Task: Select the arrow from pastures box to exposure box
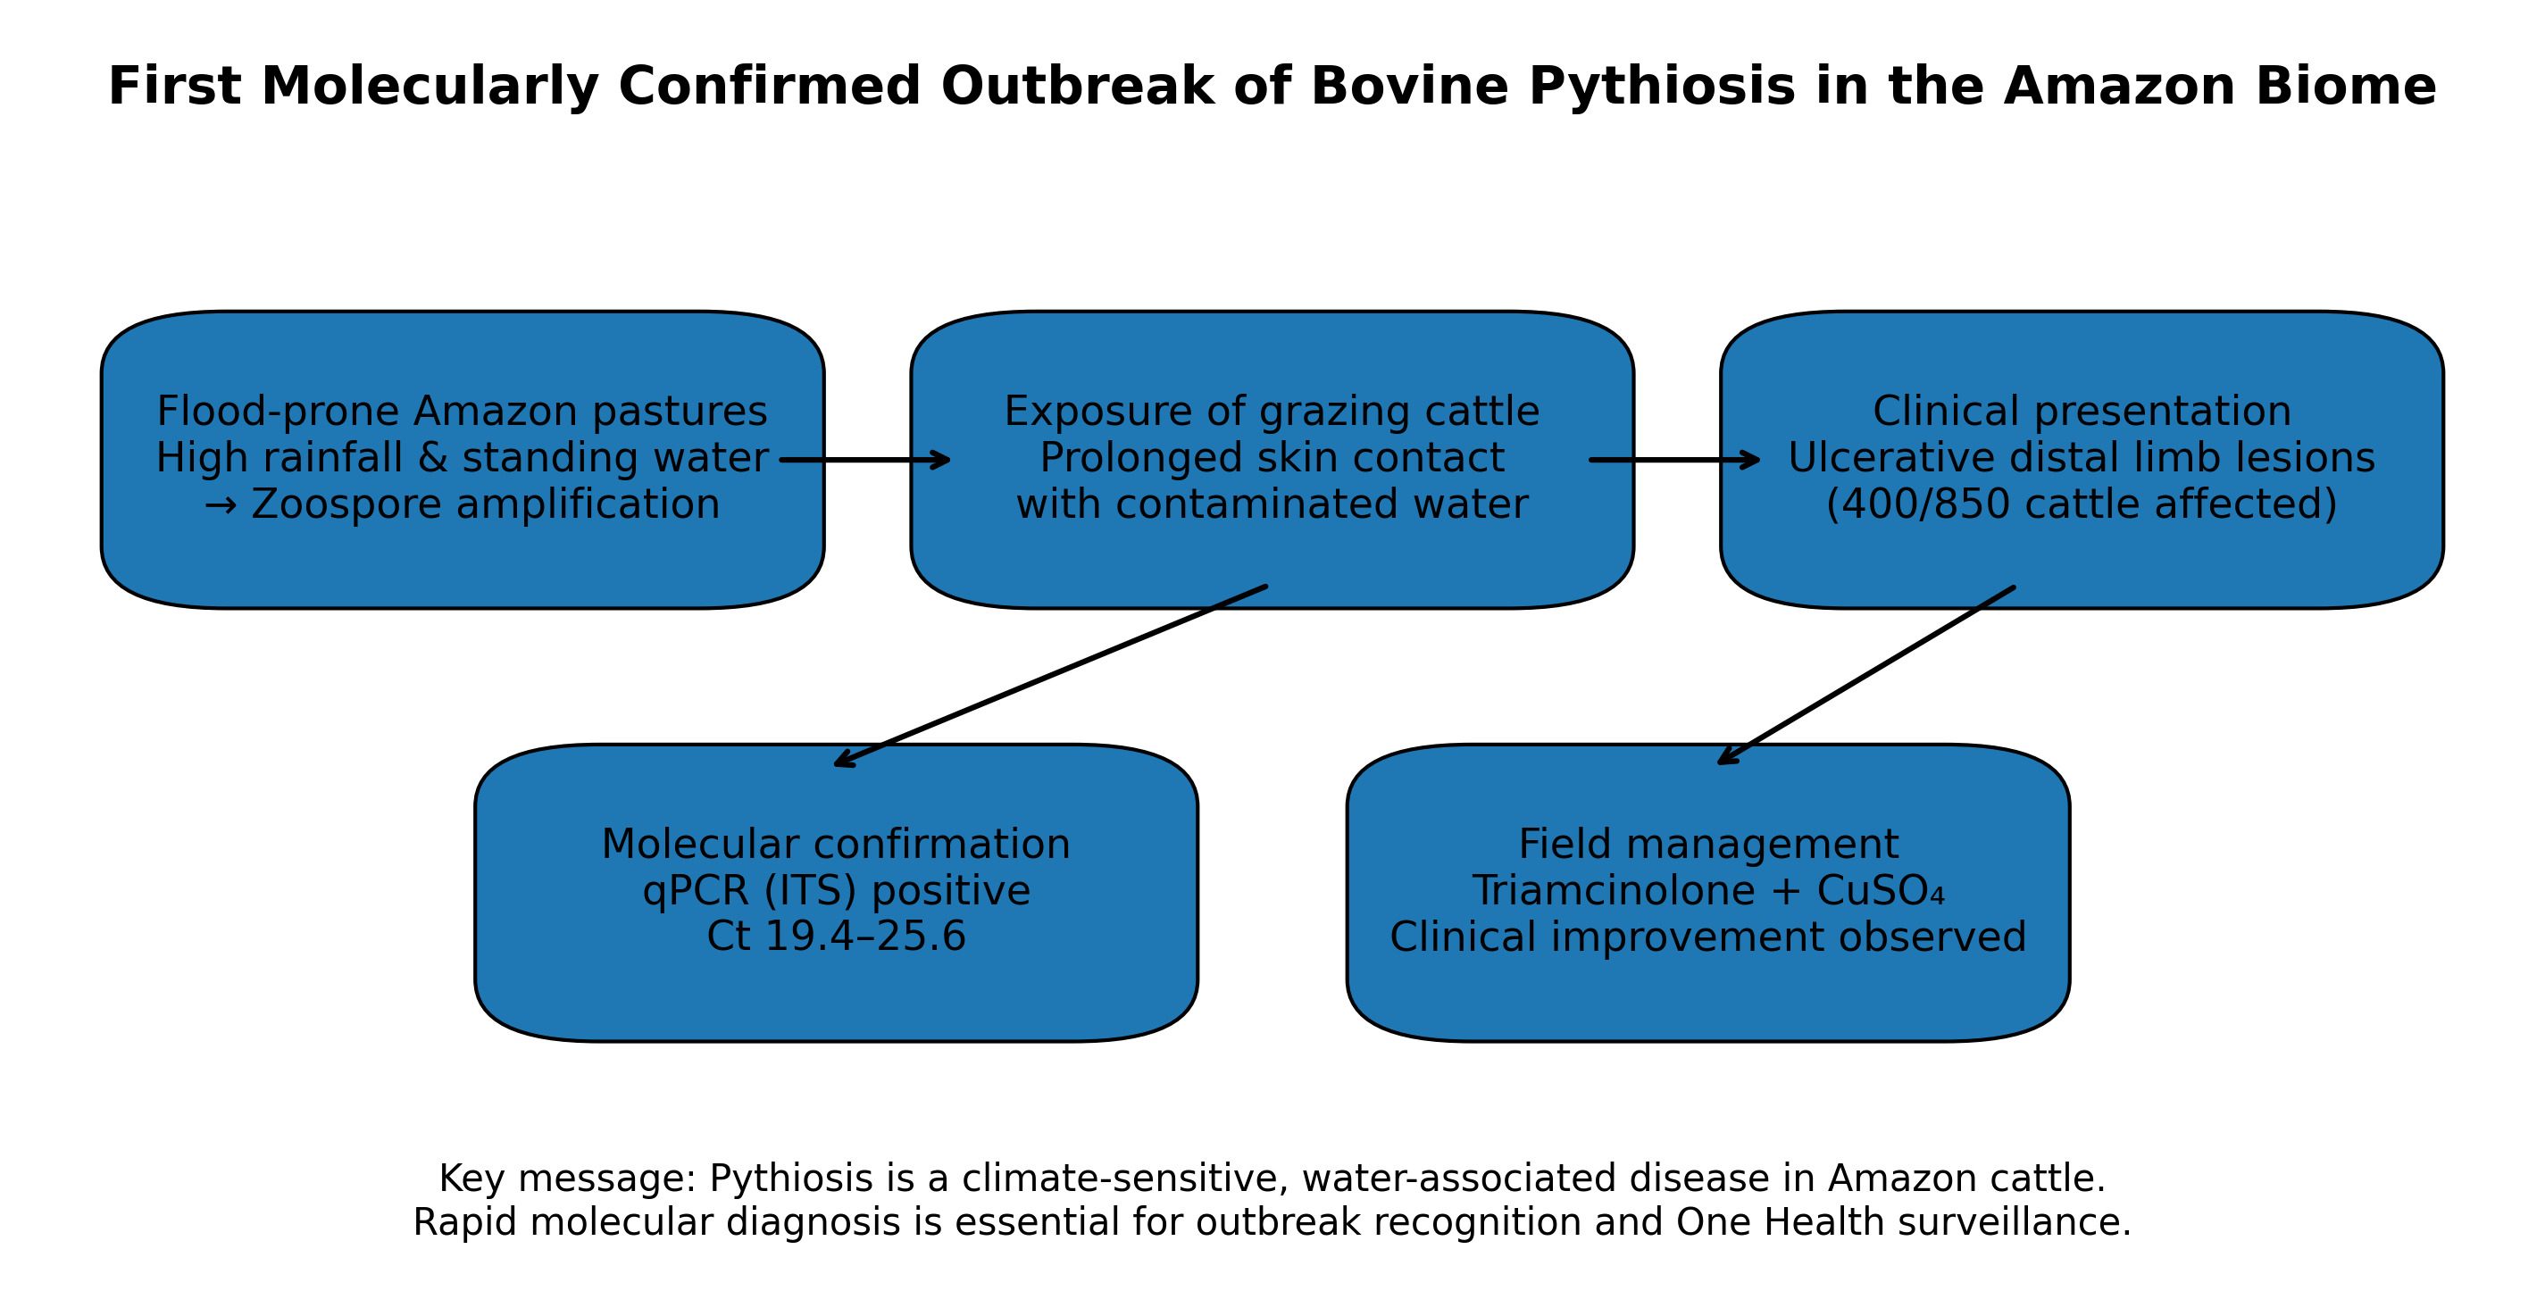864,461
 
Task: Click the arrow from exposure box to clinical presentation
1674,461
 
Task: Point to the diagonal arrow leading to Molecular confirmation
1051,676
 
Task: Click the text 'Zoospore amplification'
485,504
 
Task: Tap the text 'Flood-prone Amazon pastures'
463,412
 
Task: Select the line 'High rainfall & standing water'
463,458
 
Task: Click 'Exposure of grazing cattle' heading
1272,412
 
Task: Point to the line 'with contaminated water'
1272,504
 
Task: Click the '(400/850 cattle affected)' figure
2082,504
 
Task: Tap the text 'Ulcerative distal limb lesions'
2082,458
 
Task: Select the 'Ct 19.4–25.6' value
836,937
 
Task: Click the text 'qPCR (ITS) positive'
836,892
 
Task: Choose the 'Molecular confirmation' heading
836,845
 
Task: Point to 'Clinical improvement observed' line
1708,937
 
